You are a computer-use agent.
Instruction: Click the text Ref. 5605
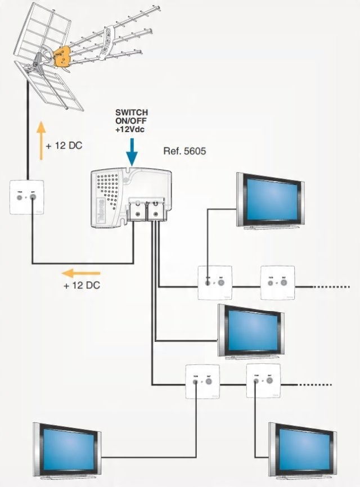pos(181,151)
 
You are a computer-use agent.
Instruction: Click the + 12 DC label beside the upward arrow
pos(65,146)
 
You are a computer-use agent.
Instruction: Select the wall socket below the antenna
pos(26,197)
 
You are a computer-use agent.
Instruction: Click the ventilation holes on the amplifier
pos(108,186)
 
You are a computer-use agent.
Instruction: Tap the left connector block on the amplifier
pos(136,210)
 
